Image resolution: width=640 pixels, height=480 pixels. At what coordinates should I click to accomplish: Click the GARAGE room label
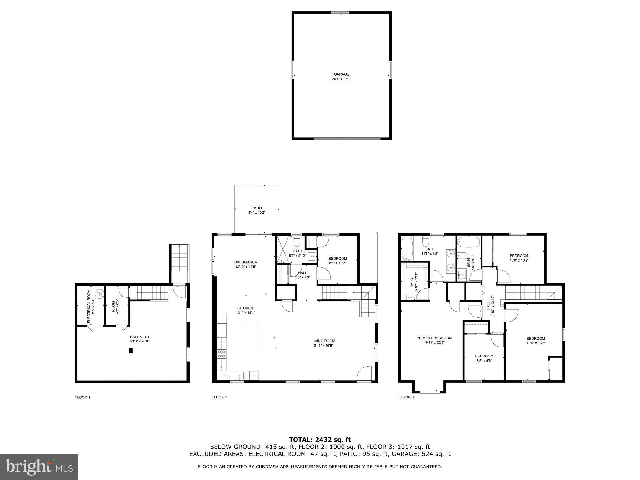[341, 74]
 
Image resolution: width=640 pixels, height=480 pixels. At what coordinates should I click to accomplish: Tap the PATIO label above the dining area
[257, 208]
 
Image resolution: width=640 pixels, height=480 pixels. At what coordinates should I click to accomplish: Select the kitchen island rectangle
[252, 339]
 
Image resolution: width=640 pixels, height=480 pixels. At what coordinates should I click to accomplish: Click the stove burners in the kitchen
[222, 354]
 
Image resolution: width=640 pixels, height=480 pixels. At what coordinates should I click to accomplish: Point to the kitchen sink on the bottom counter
[240, 375]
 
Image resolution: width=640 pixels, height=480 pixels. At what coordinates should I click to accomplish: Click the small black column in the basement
[131, 351]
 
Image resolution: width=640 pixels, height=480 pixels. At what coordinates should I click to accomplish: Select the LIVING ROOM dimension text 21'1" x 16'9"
[323, 346]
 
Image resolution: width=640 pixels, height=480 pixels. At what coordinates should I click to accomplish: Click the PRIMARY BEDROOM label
[434, 338]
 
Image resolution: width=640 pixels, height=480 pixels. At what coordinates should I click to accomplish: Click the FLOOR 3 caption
[406, 397]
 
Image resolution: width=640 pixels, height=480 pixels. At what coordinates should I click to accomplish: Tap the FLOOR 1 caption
[82, 397]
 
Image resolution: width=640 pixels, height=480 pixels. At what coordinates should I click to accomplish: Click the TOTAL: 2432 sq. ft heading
[320, 440]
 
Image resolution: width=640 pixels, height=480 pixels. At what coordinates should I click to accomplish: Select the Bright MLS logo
[39, 467]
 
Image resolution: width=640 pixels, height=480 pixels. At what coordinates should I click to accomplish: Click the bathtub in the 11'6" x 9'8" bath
[407, 248]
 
